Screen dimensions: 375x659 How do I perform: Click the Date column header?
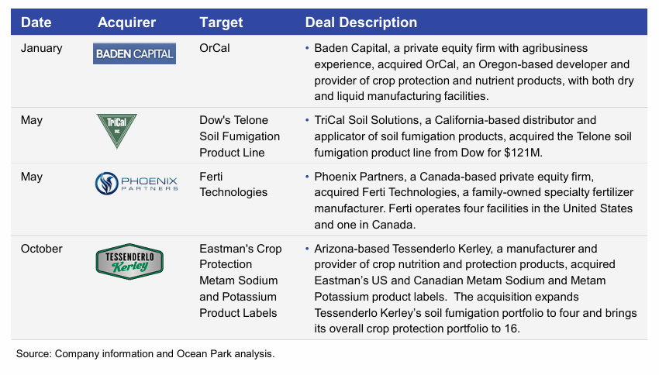[x=36, y=22]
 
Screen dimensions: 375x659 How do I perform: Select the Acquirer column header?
[x=126, y=22]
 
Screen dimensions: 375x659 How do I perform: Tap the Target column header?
[x=221, y=22]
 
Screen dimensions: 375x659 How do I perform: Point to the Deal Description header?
[x=361, y=22]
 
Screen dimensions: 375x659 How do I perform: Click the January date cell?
[x=42, y=48]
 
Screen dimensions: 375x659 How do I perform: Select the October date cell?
[x=42, y=249]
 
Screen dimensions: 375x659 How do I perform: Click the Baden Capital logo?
[x=134, y=53]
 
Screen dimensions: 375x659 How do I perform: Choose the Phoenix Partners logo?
[x=136, y=184]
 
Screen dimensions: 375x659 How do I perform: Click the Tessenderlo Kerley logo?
[x=129, y=263]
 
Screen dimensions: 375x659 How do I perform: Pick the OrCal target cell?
[x=215, y=48]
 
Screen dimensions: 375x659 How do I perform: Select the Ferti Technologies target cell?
[x=233, y=184]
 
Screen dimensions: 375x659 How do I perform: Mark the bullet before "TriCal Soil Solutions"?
[x=308, y=121]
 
